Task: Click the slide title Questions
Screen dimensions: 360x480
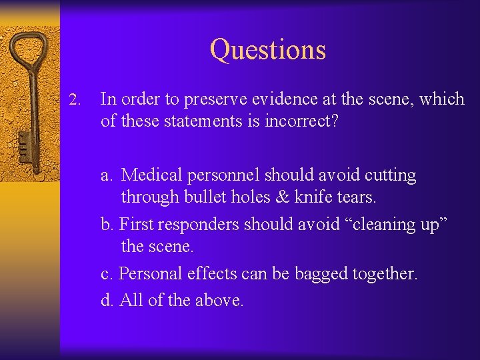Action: coord(267,50)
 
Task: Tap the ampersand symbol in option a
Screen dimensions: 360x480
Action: coord(295,197)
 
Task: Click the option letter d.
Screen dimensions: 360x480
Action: coord(106,300)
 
